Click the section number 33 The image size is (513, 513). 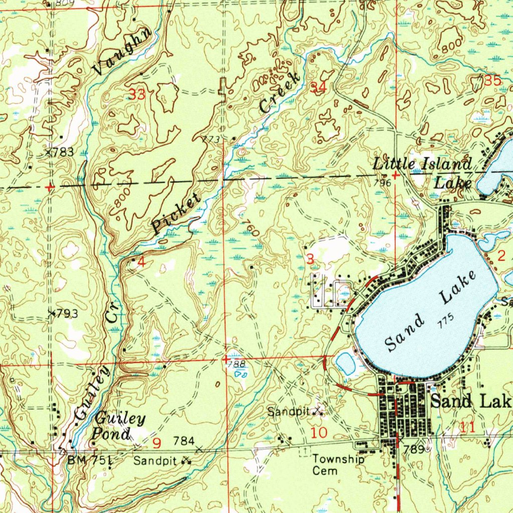(137, 94)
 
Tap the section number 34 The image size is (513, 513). (319, 88)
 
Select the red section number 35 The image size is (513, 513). (492, 80)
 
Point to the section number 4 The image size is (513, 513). (141, 262)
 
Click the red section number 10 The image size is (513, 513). (319, 432)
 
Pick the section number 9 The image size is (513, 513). (157, 443)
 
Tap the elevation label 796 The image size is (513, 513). (382, 183)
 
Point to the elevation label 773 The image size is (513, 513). (211, 139)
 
